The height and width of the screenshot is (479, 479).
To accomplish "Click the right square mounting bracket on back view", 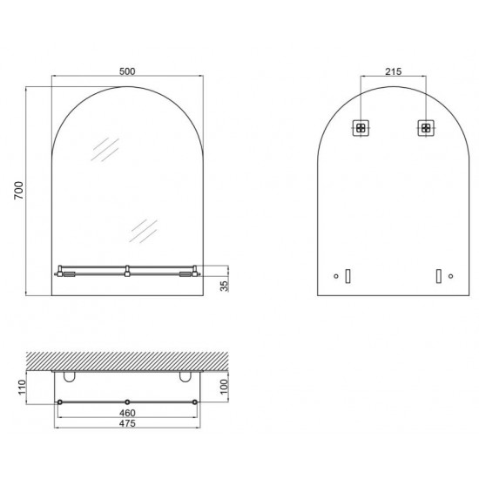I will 425,127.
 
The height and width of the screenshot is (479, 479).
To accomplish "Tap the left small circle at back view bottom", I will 336,277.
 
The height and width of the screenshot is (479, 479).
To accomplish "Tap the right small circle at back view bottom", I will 449,277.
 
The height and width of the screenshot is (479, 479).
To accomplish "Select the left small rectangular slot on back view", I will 347,276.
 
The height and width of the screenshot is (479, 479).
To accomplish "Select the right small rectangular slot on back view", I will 438,276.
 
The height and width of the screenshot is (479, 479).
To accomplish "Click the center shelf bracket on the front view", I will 128,271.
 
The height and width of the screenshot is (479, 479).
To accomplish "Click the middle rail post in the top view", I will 128,401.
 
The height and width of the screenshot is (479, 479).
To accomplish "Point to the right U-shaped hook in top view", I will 184,377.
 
